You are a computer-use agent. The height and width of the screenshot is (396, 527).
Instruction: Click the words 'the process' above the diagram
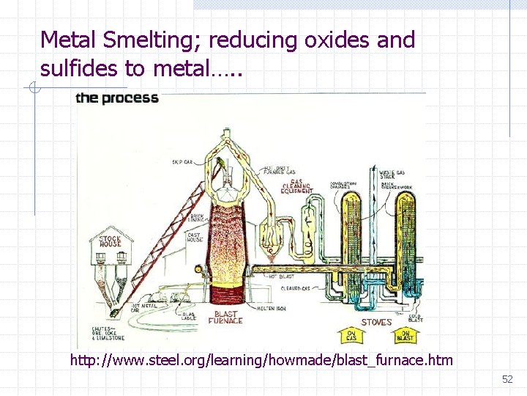[x=117, y=98]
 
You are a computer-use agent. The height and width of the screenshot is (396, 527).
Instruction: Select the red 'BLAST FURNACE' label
[x=225, y=317]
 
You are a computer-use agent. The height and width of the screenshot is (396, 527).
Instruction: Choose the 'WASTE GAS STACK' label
[x=392, y=175]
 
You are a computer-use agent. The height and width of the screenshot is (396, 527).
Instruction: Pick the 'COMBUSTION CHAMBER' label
[x=343, y=184]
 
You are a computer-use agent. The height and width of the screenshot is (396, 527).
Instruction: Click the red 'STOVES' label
[x=377, y=322]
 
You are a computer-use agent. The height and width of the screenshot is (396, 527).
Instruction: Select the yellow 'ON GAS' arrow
[x=351, y=336]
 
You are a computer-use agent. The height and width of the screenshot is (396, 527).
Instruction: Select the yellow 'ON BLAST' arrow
[x=404, y=336]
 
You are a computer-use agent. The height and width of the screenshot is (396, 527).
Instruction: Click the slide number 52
[x=507, y=379]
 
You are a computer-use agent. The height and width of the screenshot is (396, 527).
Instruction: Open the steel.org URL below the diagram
[x=261, y=360]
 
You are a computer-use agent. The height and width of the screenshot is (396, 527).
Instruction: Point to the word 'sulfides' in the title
[x=80, y=69]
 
